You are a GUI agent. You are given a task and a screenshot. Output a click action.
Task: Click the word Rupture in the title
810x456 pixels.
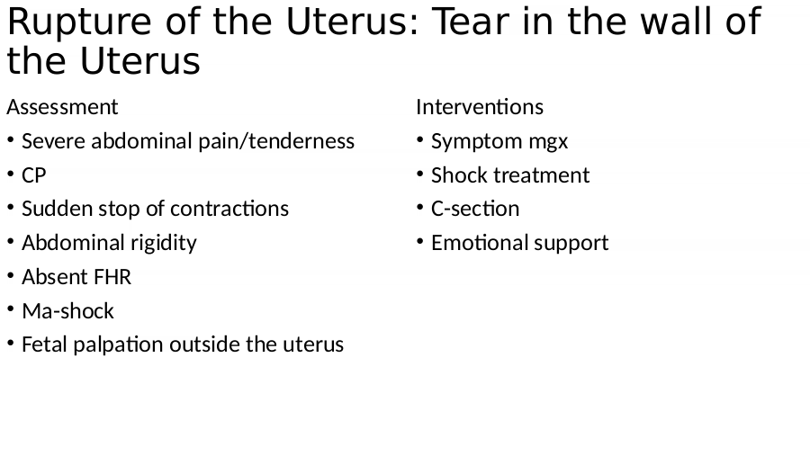[79, 22]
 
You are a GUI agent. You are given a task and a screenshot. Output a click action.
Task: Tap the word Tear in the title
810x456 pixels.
[470, 22]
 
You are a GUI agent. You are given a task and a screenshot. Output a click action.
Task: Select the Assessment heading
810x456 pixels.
[62, 107]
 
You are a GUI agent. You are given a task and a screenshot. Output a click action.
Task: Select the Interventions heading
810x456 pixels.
[480, 107]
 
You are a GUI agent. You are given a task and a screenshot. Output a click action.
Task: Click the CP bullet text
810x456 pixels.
[34, 175]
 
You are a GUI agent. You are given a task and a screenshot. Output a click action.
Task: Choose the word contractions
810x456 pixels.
[229, 210]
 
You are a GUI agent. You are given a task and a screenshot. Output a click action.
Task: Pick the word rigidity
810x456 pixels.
[164, 243]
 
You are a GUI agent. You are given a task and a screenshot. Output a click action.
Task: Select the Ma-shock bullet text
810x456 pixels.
[67, 311]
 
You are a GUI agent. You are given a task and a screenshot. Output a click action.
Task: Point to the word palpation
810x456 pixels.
[118, 345]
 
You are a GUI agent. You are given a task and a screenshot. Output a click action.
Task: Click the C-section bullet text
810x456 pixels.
[475, 210]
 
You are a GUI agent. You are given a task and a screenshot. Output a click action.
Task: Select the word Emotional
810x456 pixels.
[480, 243]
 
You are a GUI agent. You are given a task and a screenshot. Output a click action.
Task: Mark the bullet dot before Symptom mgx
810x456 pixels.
[420, 139]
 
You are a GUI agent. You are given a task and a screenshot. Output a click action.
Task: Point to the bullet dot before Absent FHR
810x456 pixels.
[10, 275]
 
